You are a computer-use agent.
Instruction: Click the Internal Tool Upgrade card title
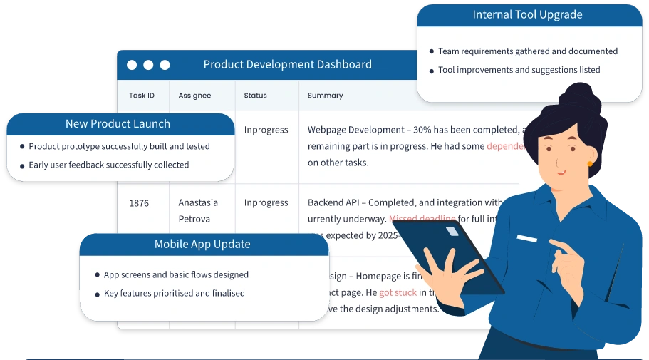527,14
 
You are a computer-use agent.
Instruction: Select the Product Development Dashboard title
287,64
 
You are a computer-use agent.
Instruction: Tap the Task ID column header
142,96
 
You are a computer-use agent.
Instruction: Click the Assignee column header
194,96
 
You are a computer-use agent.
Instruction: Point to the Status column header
255,96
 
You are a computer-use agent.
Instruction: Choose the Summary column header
325,96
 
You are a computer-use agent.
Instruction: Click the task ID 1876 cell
139,203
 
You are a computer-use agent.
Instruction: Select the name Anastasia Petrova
198,211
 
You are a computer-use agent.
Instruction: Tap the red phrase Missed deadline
422,219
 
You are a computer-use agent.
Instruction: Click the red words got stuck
398,292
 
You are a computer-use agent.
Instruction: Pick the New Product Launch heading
118,124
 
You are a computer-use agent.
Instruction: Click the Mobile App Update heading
202,244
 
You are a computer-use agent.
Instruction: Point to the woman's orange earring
590,164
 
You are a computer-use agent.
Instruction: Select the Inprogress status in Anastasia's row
266,203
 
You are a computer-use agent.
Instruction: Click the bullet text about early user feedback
108,165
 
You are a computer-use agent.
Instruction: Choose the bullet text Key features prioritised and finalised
174,293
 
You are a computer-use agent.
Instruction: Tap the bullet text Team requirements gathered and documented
527,51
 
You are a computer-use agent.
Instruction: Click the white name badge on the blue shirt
526,238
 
